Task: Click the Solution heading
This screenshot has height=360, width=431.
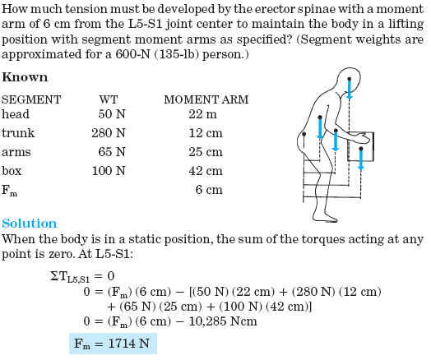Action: [30, 224]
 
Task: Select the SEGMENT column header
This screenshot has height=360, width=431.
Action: [32, 99]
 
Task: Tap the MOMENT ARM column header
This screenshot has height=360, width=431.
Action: [206, 99]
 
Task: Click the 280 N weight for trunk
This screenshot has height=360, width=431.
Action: [108, 133]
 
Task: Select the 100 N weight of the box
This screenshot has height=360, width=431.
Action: [108, 171]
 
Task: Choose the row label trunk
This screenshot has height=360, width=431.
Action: [18, 133]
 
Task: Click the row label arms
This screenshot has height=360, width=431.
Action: [16, 152]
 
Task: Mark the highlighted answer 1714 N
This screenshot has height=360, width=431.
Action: [112, 344]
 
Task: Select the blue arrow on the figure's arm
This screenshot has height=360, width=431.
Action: [336, 140]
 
